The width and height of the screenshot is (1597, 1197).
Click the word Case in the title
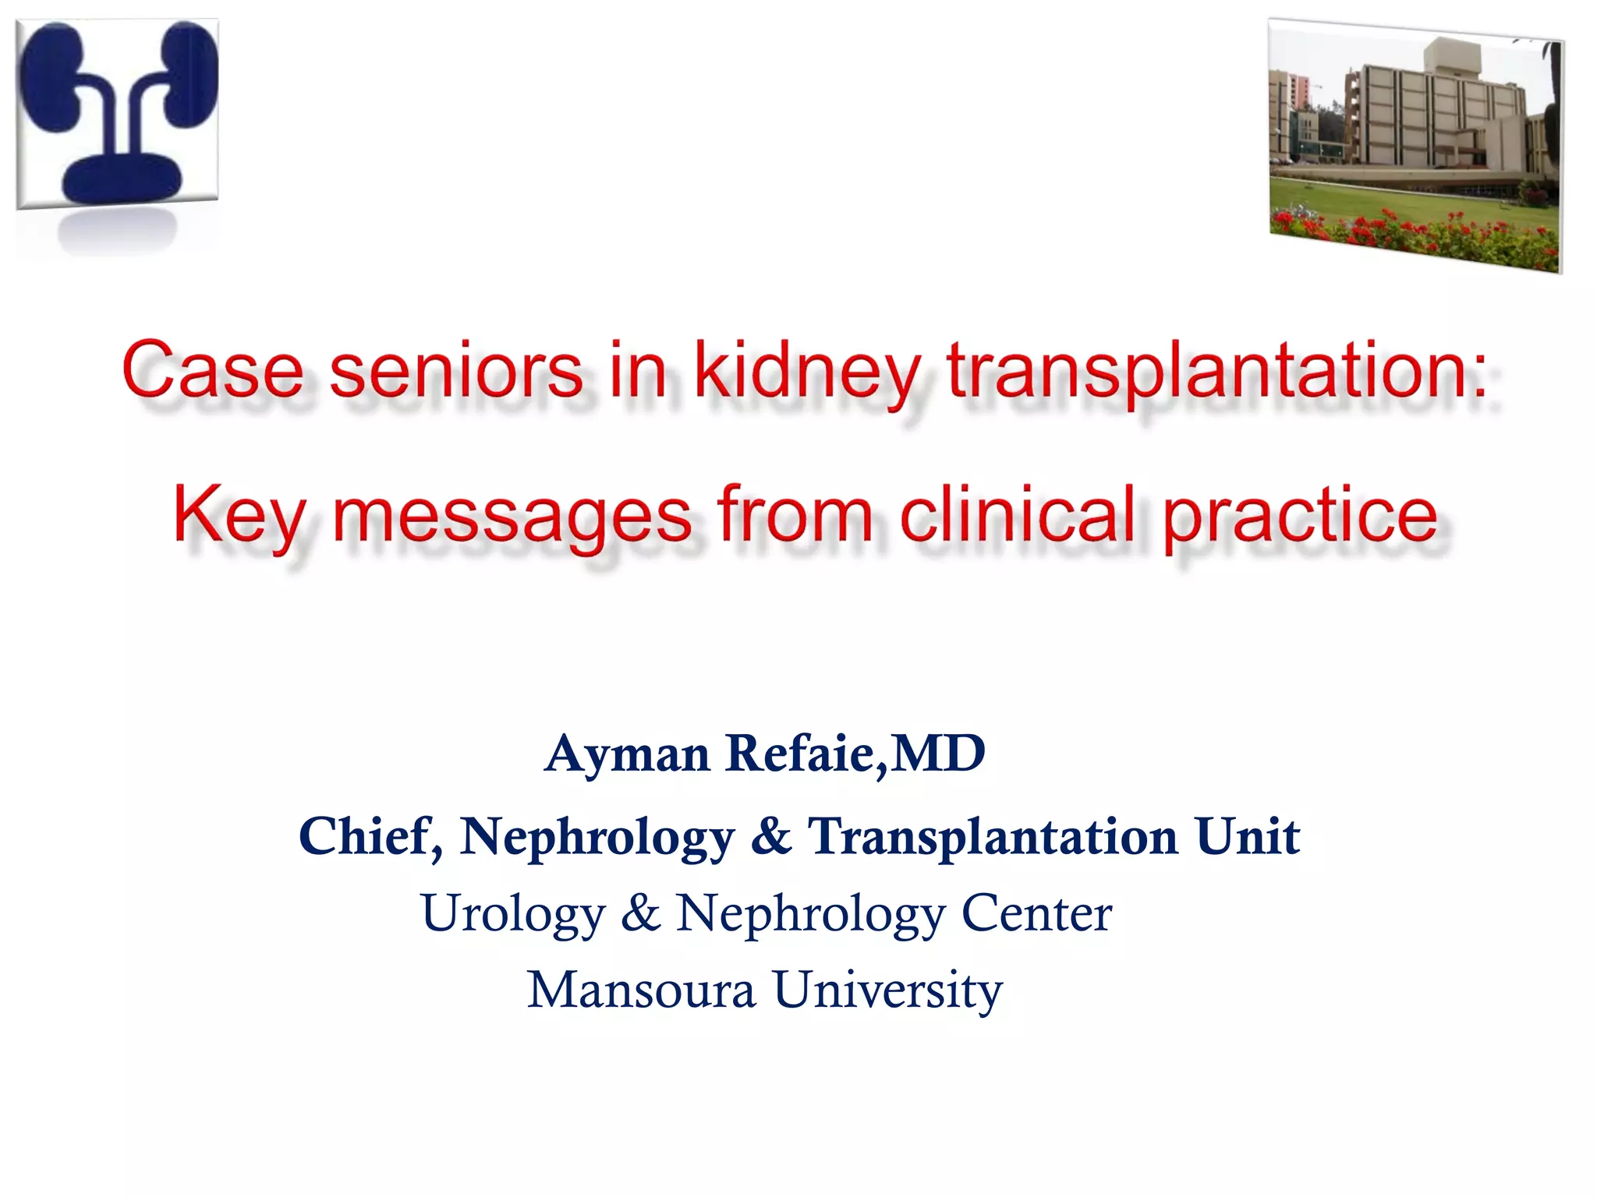pos(212,369)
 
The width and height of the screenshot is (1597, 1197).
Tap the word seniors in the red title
pos(456,369)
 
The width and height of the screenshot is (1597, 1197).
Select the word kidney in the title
pos(807,373)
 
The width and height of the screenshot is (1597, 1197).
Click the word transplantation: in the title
pos(1216,373)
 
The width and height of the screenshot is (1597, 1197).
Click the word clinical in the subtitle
pos(1017,514)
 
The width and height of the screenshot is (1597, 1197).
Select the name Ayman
pos(628,755)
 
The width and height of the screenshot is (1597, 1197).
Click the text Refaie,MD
pos(855,754)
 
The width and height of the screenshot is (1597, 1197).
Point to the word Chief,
pos(371,837)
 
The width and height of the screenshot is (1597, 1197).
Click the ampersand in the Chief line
pos(771,835)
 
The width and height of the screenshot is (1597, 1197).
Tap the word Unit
pos(1248,835)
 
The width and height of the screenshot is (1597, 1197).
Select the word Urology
pos(513,915)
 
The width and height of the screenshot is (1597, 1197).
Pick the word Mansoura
pos(641,990)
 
